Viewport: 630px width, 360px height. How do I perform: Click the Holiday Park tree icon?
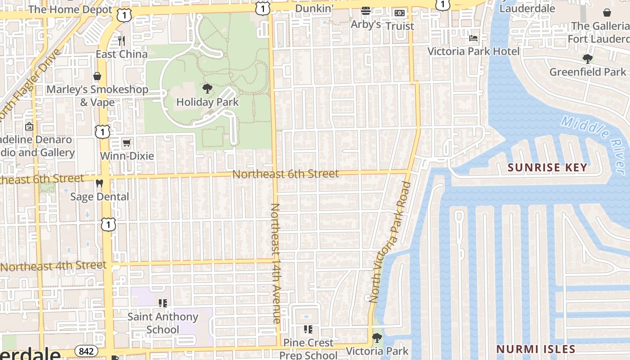tap(207, 88)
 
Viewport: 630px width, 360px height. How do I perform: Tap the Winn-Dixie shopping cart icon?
tap(127, 143)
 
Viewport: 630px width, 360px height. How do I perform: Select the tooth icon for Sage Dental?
tap(99, 184)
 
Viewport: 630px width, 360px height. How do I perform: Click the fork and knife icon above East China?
tap(121, 41)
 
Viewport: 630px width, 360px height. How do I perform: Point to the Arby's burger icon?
tap(366, 11)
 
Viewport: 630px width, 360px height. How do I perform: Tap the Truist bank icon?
tap(400, 13)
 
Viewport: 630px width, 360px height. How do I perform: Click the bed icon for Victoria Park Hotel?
tap(473, 38)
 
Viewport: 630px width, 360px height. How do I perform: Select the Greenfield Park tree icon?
tap(587, 58)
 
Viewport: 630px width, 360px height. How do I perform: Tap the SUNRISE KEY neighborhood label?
tap(548, 168)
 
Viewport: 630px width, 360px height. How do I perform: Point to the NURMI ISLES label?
tap(535, 349)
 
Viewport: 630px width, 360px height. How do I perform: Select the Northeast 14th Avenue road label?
tap(275, 263)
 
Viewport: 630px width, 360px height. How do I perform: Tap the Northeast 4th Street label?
tap(53, 266)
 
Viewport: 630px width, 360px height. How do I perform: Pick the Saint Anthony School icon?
tap(163, 303)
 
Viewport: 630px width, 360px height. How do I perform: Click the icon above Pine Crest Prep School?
tap(308, 329)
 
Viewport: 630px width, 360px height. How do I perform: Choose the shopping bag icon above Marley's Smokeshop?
tap(97, 76)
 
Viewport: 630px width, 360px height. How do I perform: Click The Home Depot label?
tap(70, 9)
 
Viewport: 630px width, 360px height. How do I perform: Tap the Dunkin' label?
tap(314, 8)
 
